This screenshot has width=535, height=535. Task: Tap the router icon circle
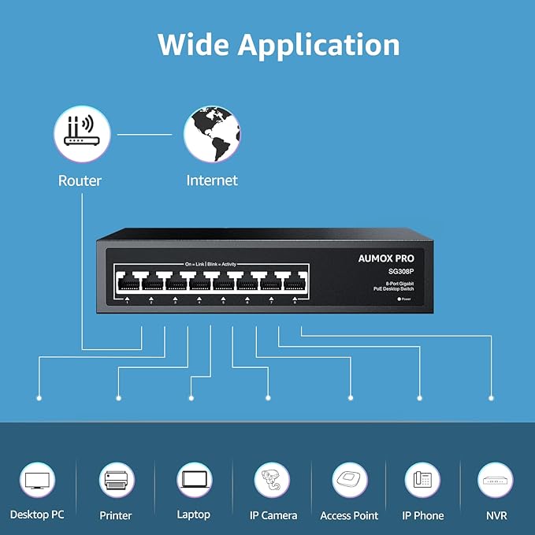[x=80, y=135]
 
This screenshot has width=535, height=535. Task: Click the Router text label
[x=80, y=180]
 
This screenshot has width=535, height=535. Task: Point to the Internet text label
[x=212, y=180]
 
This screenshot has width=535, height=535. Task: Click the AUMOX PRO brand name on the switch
[x=386, y=258]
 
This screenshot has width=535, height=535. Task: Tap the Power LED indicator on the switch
[x=399, y=299]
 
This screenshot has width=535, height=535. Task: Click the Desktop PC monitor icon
[x=38, y=480]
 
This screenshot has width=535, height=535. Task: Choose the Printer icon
[x=116, y=480]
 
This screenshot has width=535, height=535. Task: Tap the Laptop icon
[x=194, y=480]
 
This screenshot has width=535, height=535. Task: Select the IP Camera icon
[x=273, y=480]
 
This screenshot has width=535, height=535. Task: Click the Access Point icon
[x=349, y=480]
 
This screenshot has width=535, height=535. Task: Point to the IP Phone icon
[x=422, y=480]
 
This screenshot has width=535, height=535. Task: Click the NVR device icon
[x=496, y=480]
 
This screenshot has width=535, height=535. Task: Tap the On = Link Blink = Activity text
[x=211, y=264]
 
